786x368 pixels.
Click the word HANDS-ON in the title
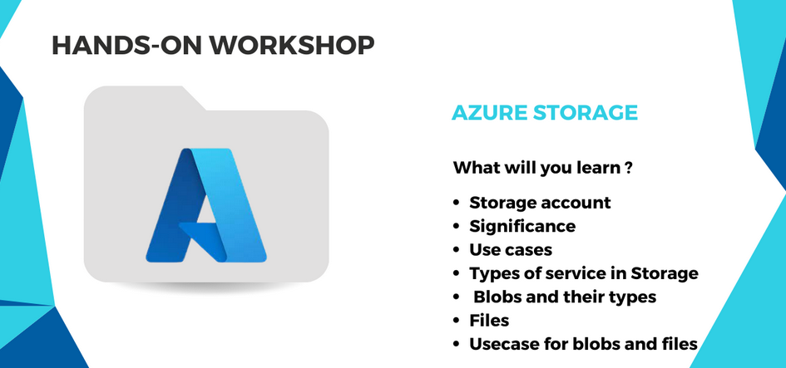point(126,45)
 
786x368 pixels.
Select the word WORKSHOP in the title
point(292,45)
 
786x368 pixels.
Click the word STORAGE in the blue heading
point(585,113)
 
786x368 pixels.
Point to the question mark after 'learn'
point(628,167)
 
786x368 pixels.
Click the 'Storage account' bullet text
point(540,203)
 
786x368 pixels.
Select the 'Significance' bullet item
point(522,226)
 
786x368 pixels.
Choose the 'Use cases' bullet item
point(511,249)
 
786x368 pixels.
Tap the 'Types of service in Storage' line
point(584,273)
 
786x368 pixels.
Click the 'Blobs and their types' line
point(565,297)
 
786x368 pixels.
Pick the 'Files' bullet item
point(489,321)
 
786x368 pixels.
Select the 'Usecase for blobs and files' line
point(584,344)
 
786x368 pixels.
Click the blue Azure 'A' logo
point(206,205)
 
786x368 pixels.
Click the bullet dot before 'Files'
point(456,321)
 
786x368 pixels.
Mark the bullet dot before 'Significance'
point(456,227)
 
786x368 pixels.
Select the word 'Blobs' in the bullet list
point(497,297)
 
